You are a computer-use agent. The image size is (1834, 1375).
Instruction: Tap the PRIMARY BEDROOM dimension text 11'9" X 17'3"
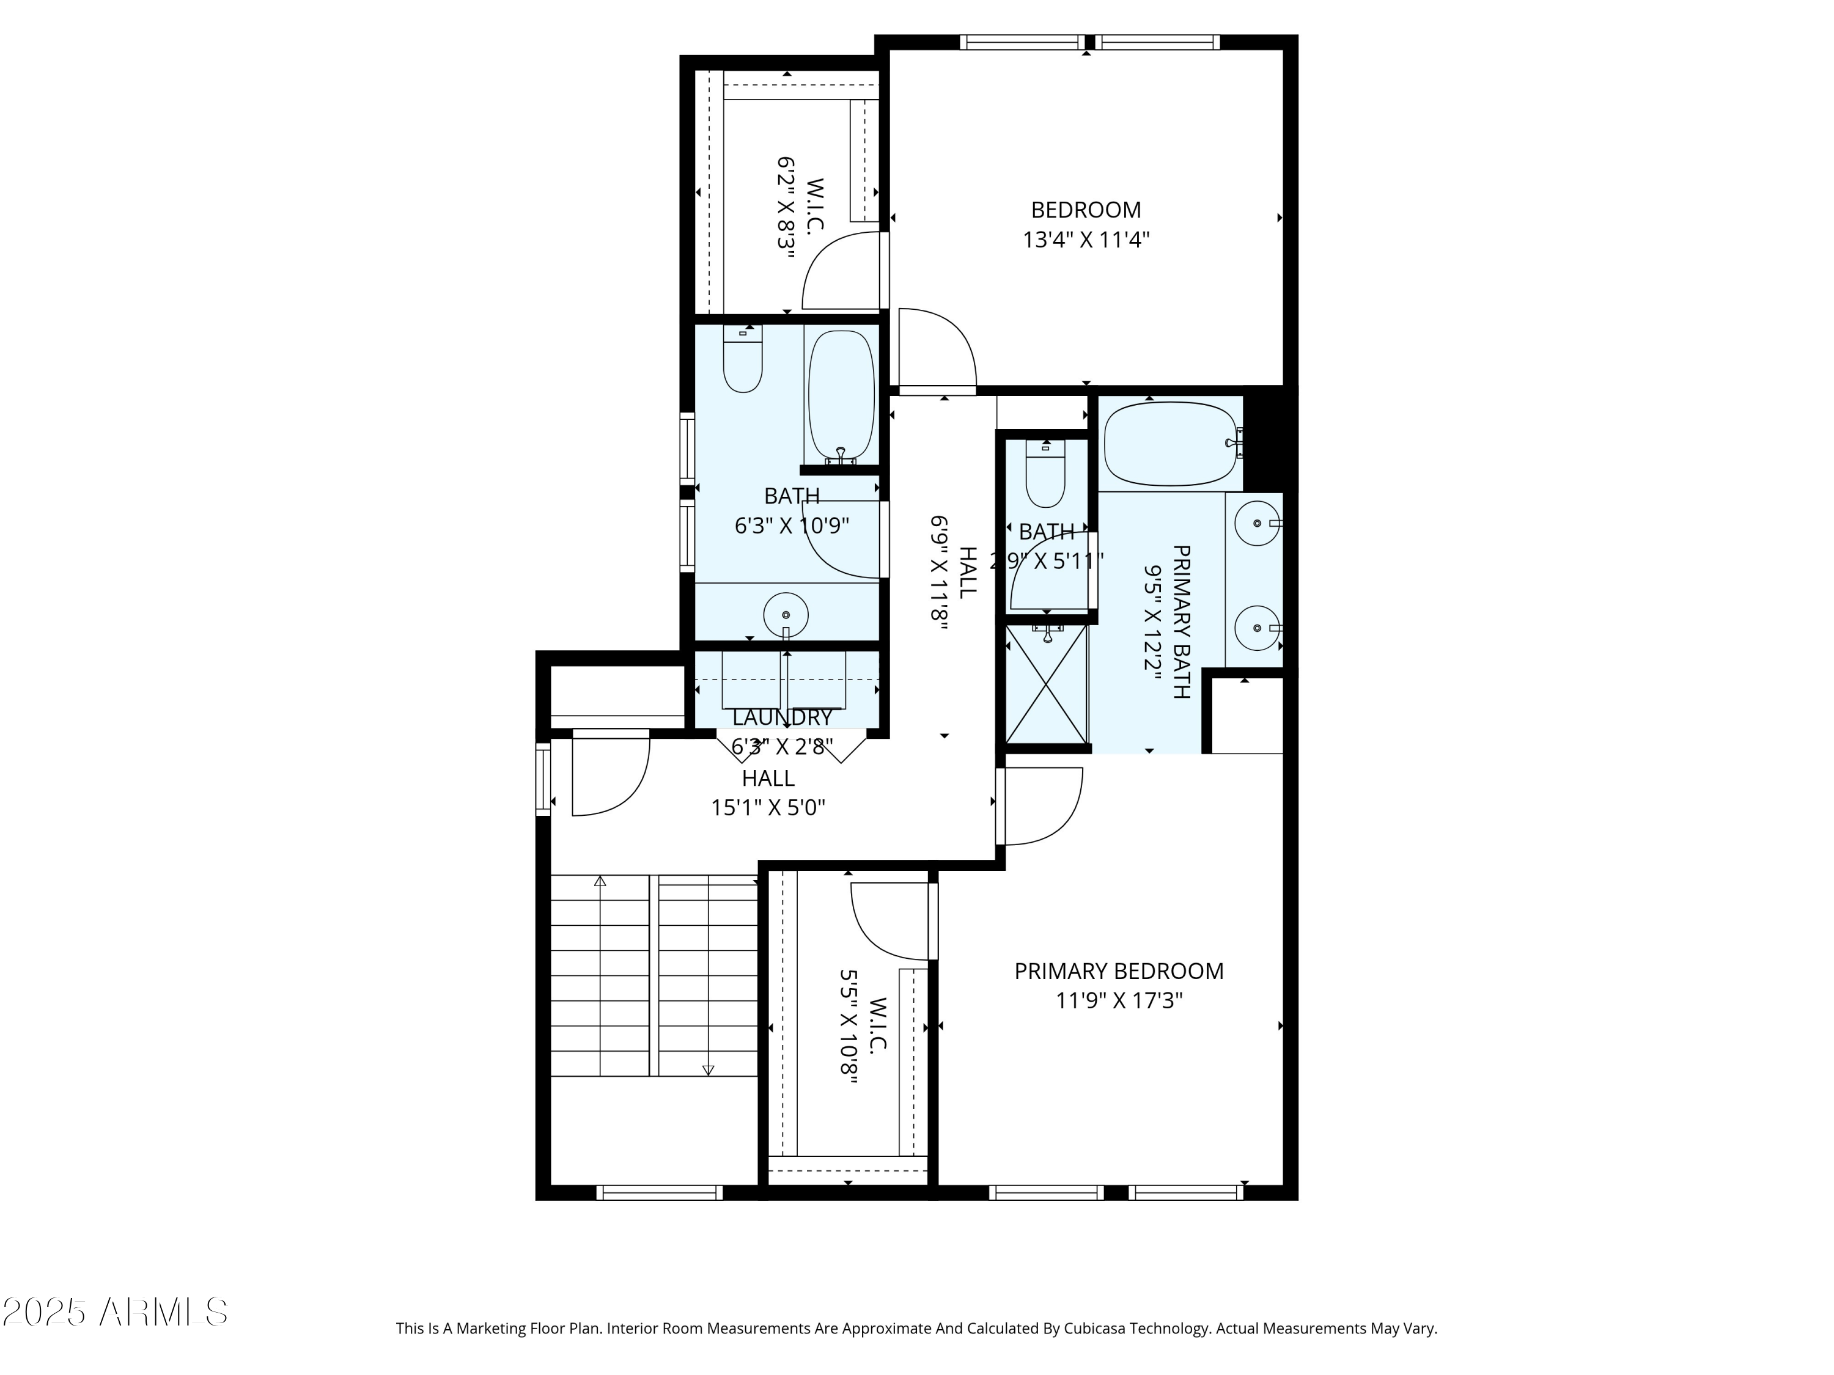pos(1119,1001)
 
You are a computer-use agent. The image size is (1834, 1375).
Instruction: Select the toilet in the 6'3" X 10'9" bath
pos(742,360)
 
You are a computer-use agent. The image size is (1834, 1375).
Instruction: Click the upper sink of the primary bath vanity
pos(1257,523)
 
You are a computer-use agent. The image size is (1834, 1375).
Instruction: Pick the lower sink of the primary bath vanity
pos(1257,628)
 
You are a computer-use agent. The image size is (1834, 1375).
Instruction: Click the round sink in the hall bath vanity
pos(785,615)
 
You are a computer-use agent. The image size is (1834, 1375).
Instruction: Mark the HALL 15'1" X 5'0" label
pos(768,793)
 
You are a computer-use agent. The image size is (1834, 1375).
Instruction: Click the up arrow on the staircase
pos(600,881)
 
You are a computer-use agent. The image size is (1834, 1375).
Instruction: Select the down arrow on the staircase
pos(708,1070)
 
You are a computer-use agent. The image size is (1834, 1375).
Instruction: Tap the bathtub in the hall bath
pos(841,395)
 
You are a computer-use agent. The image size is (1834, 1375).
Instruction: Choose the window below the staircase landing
pos(659,1193)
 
